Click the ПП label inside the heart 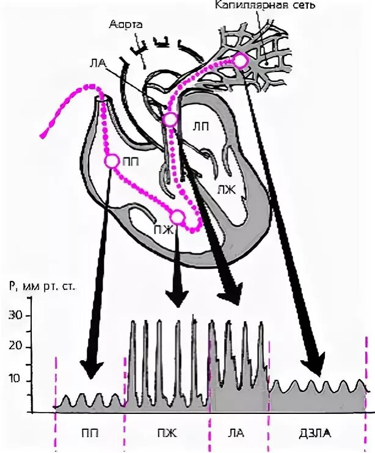(130, 162)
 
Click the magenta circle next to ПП (112, 161)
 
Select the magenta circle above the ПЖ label (177, 217)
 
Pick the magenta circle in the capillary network (241, 60)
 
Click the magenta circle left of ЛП (170, 119)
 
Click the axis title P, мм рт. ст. (42, 287)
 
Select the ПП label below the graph (88, 434)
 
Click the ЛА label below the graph (238, 434)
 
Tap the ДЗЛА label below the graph (319, 434)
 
